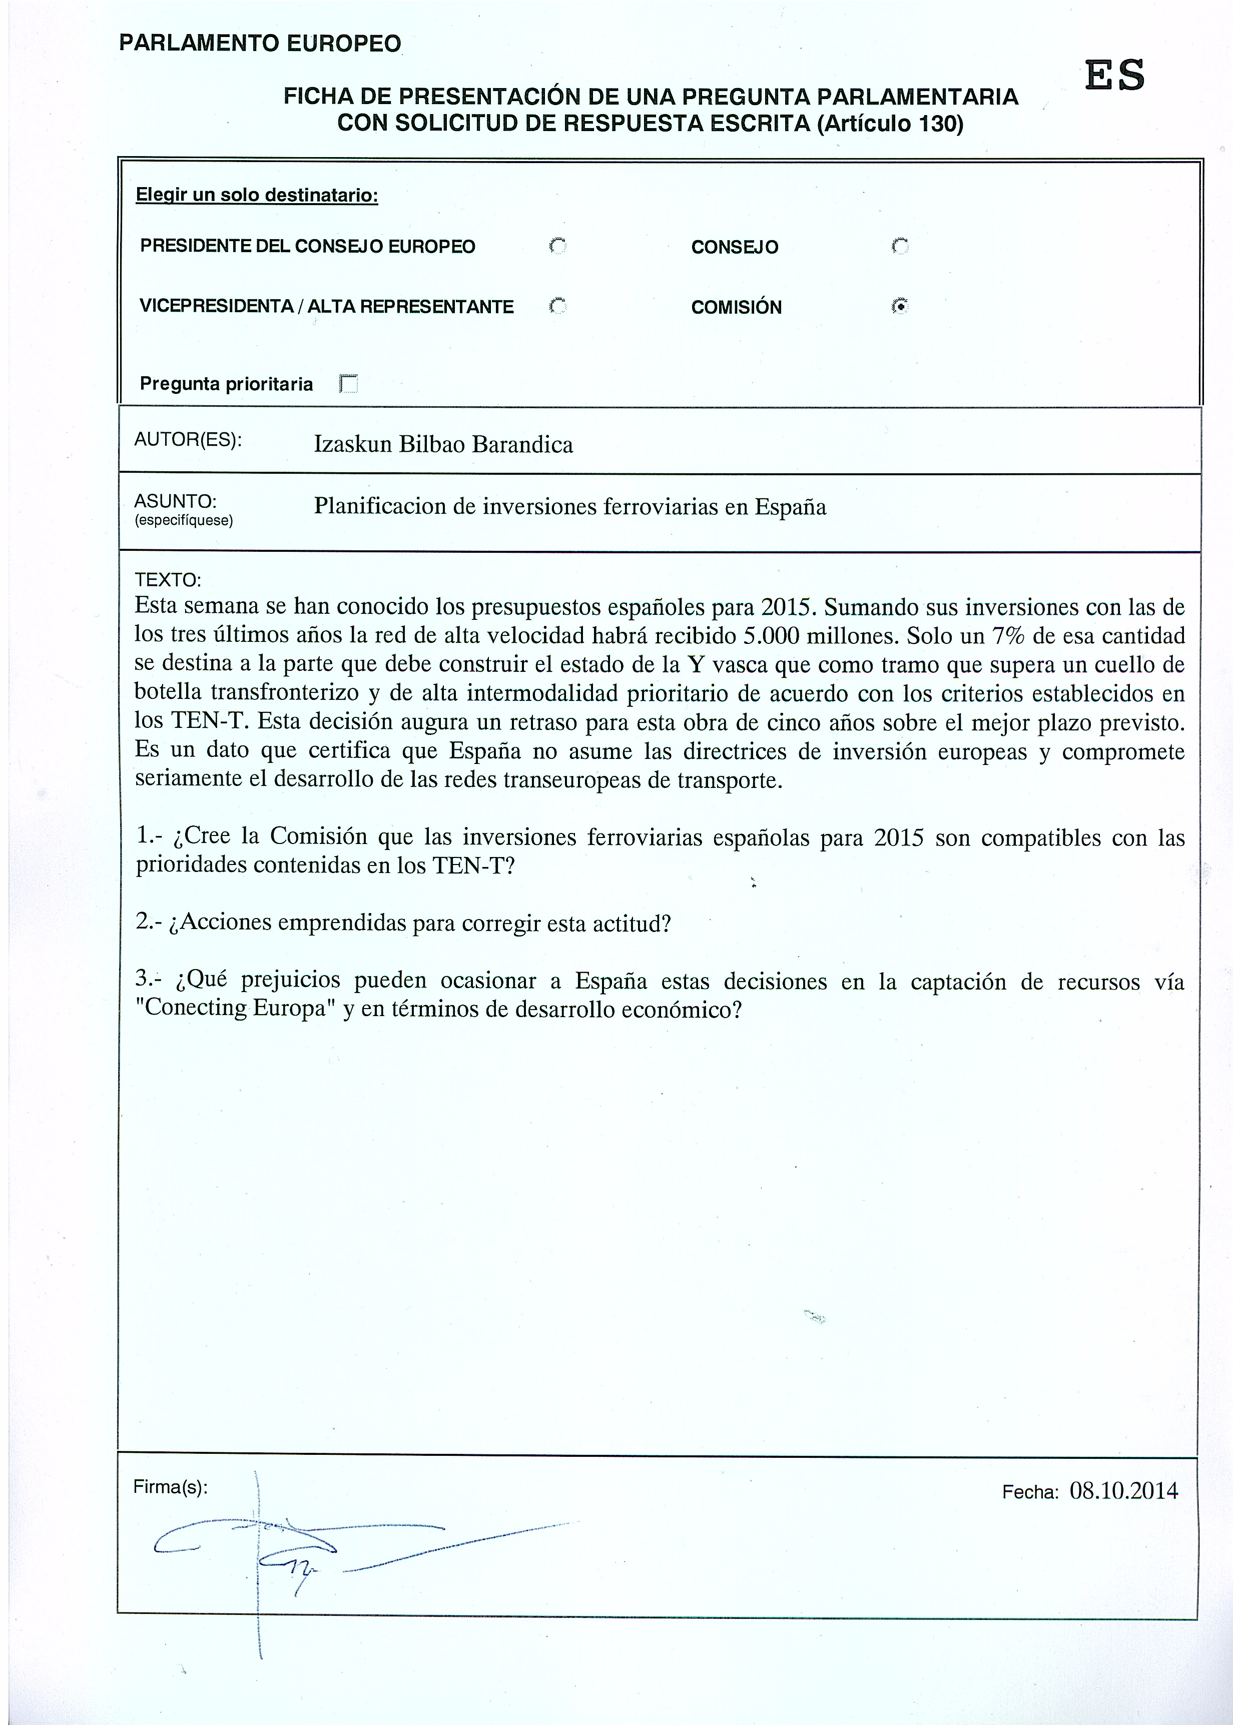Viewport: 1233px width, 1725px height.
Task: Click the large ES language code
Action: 1114,76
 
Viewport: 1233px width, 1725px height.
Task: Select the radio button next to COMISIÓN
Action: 900,306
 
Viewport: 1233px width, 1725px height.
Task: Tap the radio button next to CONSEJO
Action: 900,246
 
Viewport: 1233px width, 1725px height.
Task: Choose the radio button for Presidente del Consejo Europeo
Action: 558,246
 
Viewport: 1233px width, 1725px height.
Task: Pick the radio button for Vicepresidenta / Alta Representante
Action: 558,306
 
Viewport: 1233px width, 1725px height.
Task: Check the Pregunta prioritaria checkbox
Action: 348,384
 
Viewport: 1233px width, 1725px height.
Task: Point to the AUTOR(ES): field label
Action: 188,440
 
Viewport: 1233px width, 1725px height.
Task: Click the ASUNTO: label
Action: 175,501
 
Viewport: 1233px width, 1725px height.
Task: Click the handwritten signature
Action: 304,1545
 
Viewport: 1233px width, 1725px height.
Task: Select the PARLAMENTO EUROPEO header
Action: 260,43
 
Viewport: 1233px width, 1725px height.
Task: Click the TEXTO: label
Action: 167,580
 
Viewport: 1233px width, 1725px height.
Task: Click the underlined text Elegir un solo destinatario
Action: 257,195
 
